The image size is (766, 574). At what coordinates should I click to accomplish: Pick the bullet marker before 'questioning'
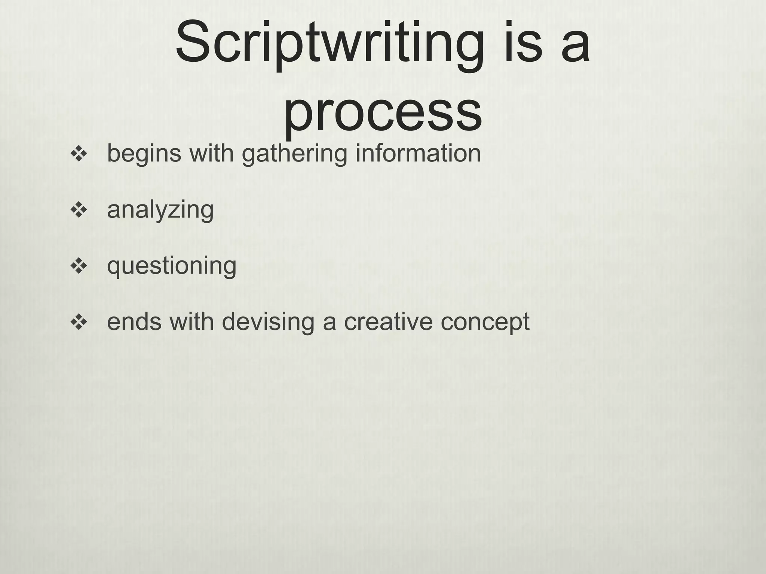click(79, 266)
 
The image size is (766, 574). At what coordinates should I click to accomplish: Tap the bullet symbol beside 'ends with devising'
click(79, 322)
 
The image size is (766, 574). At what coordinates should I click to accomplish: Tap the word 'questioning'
click(172, 266)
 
